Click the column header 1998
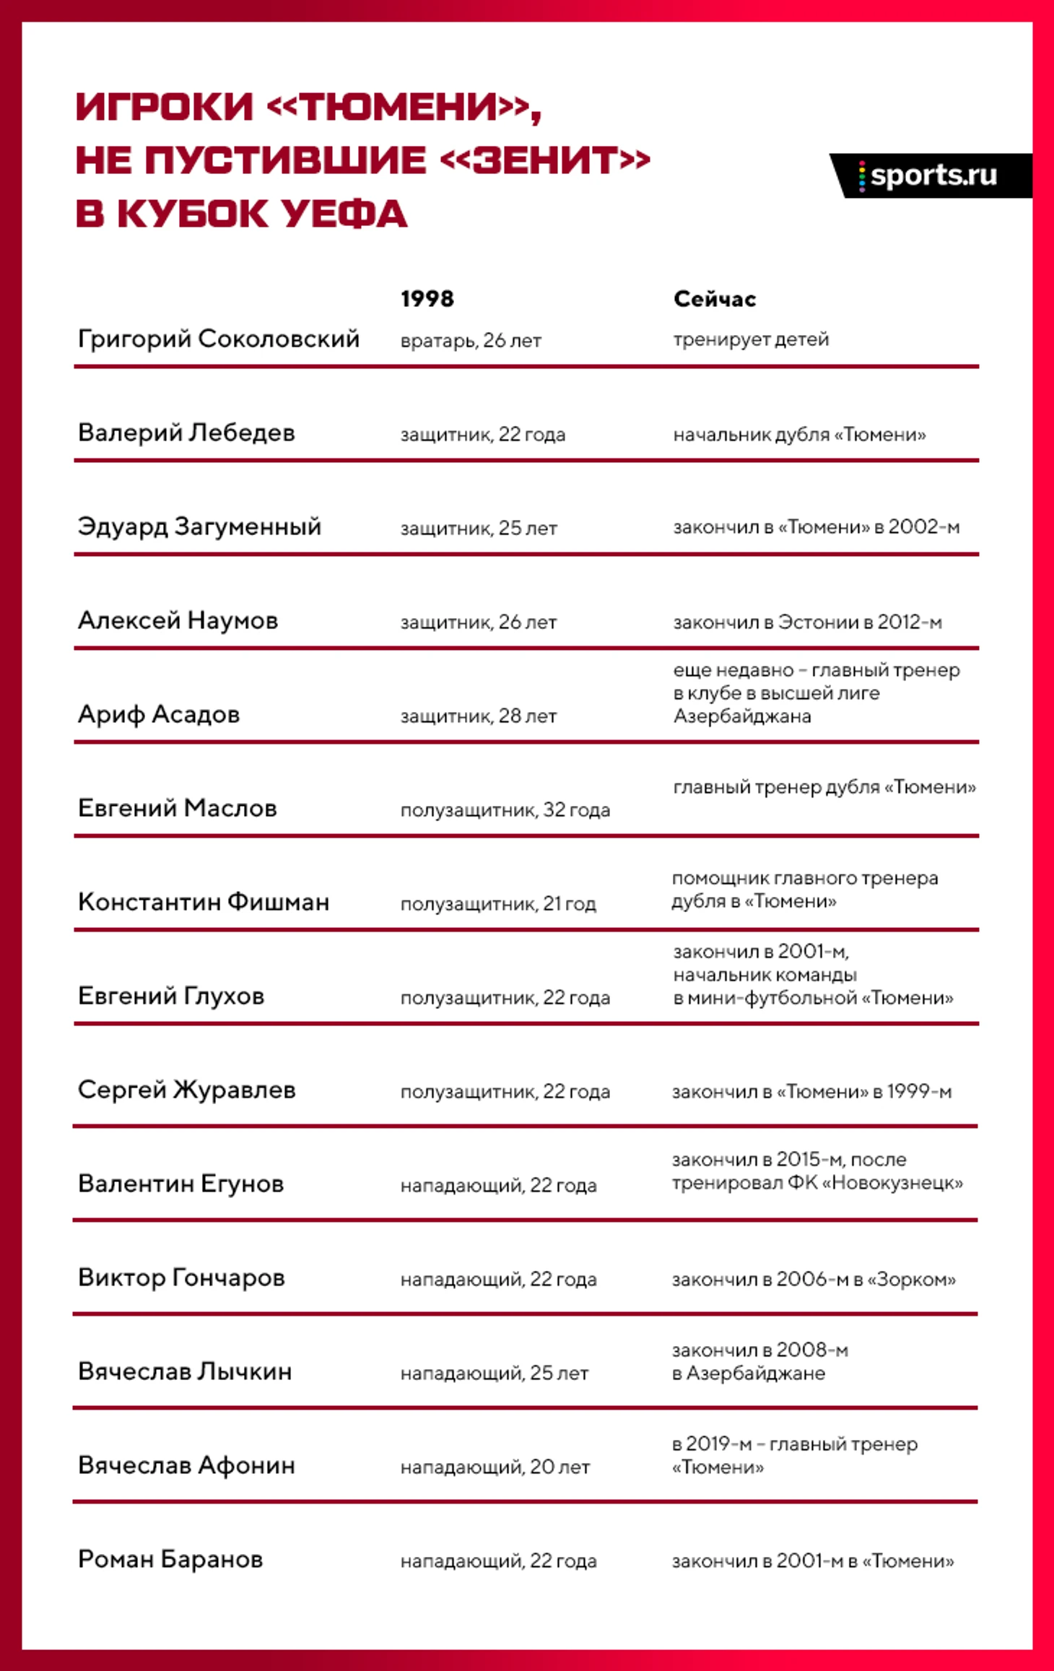coord(427,299)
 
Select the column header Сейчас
coord(714,299)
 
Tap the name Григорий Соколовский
coord(218,339)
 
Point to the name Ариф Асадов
coord(159,714)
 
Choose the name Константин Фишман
coord(204,902)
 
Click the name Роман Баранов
coord(170,1559)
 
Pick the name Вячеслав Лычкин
coord(185,1371)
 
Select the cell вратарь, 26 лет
coord(471,340)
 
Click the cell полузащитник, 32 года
coord(505,810)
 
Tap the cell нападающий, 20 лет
coord(495,1467)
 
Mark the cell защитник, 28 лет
coord(479,716)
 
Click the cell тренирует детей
coord(751,339)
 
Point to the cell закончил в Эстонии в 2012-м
coord(807,622)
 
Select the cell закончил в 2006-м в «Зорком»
coord(814,1279)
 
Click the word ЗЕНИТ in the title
coord(545,160)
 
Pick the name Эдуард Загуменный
coord(199,526)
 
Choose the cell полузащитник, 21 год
coord(498,903)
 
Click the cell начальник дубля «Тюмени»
coord(799,434)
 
